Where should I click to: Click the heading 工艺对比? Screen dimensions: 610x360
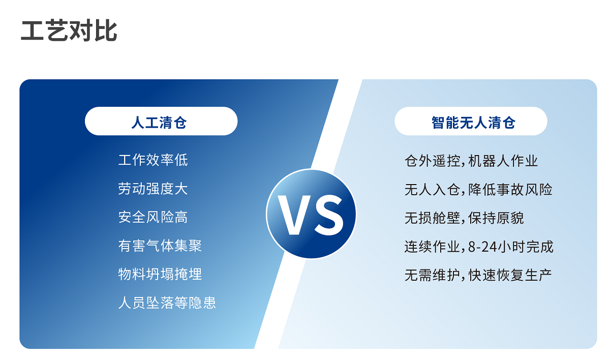[69, 31]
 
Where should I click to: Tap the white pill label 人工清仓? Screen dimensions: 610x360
[161, 121]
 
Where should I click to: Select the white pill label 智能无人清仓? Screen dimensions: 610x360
[471, 121]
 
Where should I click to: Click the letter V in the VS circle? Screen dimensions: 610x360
[294, 215]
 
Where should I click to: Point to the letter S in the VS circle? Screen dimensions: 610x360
[329, 215]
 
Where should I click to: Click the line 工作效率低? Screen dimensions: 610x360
[153, 160]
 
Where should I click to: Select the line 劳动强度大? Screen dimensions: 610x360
[153, 189]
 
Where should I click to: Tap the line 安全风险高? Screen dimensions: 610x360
[153, 217]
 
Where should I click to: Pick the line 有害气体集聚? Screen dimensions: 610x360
[160, 246]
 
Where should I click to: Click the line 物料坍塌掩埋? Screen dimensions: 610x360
[160, 274]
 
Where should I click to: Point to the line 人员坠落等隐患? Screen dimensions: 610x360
[167, 303]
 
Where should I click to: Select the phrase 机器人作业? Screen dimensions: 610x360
[503, 161]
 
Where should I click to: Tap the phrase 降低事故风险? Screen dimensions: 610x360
[510, 190]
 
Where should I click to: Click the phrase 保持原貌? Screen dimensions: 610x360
[496, 218]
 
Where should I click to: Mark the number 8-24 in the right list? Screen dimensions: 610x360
[482, 247]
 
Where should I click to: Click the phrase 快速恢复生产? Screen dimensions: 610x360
[510, 275]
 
